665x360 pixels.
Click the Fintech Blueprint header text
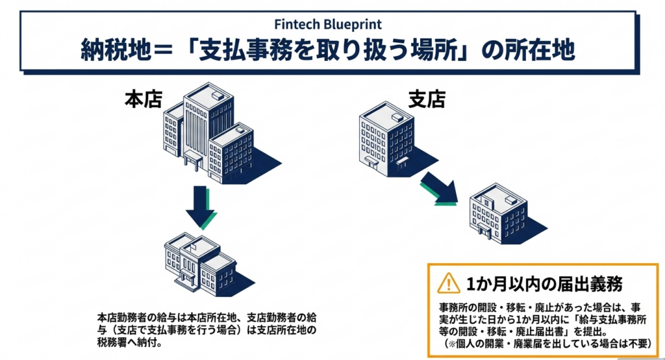(x=332, y=25)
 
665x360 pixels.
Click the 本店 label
(x=143, y=100)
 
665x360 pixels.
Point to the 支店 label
(x=426, y=100)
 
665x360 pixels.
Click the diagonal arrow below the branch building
(x=440, y=188)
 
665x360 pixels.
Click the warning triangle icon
(x=448, y=283)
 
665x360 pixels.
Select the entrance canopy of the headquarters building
(x=193, y=158)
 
